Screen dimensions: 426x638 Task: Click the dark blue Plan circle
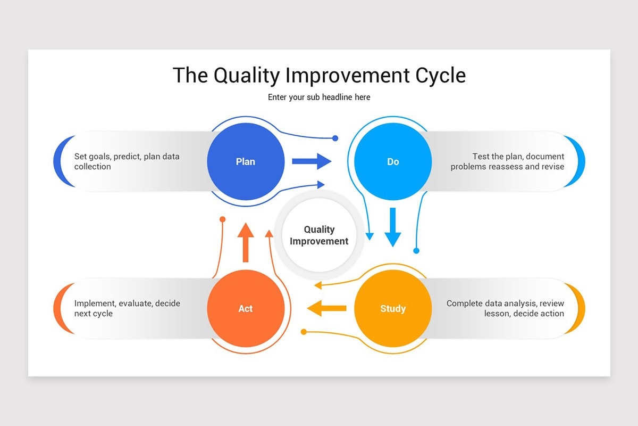246,161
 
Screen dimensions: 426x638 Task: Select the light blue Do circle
393,161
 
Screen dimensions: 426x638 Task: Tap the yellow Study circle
393,308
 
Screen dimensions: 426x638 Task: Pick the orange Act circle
246,308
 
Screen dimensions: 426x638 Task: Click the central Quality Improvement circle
319,235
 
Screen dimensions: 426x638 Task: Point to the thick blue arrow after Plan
312,161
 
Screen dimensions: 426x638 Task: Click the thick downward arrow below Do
393,227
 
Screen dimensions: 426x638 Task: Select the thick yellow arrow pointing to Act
326,308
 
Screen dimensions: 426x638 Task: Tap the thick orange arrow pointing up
245,242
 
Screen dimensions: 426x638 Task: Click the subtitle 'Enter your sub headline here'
319,97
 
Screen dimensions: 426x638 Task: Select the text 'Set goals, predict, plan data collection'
127,161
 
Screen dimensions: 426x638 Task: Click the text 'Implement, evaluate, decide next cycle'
127,308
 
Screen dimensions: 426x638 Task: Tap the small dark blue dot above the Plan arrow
335,138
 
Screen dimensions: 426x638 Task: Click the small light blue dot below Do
416,250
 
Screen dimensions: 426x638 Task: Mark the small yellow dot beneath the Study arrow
304,332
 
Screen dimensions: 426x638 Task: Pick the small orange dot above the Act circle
223,219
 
